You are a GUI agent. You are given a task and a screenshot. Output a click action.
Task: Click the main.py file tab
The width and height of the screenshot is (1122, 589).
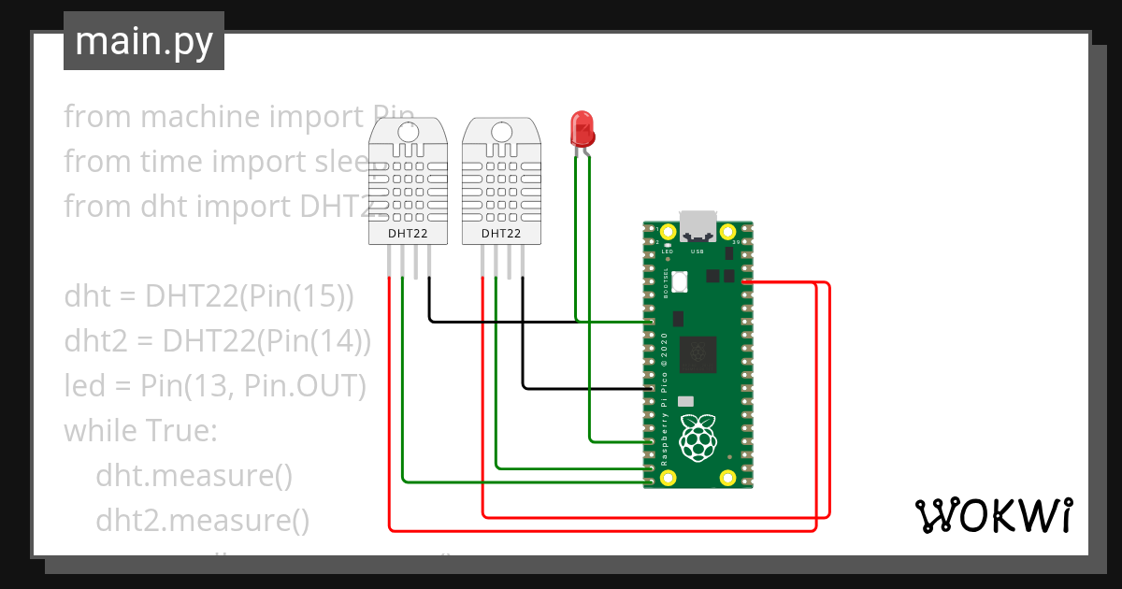[143, 41]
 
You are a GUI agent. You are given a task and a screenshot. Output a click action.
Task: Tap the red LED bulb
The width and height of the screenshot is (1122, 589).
[582, 128]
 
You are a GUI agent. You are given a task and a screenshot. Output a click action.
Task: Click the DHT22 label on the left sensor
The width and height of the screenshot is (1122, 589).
[408, 233]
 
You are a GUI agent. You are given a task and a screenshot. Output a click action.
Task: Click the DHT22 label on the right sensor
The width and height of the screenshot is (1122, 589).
[501, 233]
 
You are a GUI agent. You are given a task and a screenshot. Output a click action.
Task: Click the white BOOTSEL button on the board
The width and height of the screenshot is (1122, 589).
[680, 280]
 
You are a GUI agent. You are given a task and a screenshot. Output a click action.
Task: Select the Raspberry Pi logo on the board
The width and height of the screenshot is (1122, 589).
[698, 438]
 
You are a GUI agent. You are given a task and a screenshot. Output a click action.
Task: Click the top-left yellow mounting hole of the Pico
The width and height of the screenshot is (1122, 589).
[668, 232]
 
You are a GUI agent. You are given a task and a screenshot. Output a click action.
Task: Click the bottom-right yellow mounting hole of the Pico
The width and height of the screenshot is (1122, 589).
[727, 478]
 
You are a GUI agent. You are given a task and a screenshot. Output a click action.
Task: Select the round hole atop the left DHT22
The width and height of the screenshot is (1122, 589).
[409, 131]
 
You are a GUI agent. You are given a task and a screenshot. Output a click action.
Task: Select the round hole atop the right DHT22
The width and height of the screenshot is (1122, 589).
[501, 131]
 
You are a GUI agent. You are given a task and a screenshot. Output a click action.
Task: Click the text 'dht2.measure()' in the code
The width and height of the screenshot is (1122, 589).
[202, 520]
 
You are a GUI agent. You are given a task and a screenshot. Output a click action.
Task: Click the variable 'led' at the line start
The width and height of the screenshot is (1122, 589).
[84, 386]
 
